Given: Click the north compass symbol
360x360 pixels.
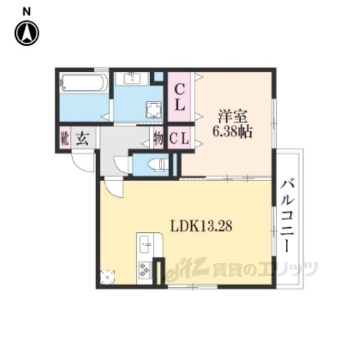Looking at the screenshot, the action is click(27, 33).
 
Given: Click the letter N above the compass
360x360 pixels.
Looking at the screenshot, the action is click(26, 12).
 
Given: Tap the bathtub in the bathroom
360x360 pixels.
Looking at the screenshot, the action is click(84, 83).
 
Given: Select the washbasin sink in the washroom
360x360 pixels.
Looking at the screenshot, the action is click(133, 78).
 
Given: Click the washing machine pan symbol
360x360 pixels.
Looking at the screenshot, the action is click(154, 110).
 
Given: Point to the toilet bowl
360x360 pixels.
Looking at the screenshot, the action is click(157, 164).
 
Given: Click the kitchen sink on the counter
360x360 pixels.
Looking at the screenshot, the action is click(145, 244).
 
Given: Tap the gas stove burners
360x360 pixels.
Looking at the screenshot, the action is click(144, 269).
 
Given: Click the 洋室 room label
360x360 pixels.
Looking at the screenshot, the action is click(232, 116).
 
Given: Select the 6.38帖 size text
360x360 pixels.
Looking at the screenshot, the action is click(232, 132).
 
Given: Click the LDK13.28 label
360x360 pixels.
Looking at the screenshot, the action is click(201, 226).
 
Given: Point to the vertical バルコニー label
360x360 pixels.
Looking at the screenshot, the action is click(287, 216).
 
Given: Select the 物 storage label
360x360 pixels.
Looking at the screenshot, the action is click(158, 138).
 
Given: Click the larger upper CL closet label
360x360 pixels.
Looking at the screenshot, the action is click(180, 97).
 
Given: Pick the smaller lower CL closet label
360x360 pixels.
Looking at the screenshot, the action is click(179, 138).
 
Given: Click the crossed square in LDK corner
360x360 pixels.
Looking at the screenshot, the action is click(107, 277).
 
